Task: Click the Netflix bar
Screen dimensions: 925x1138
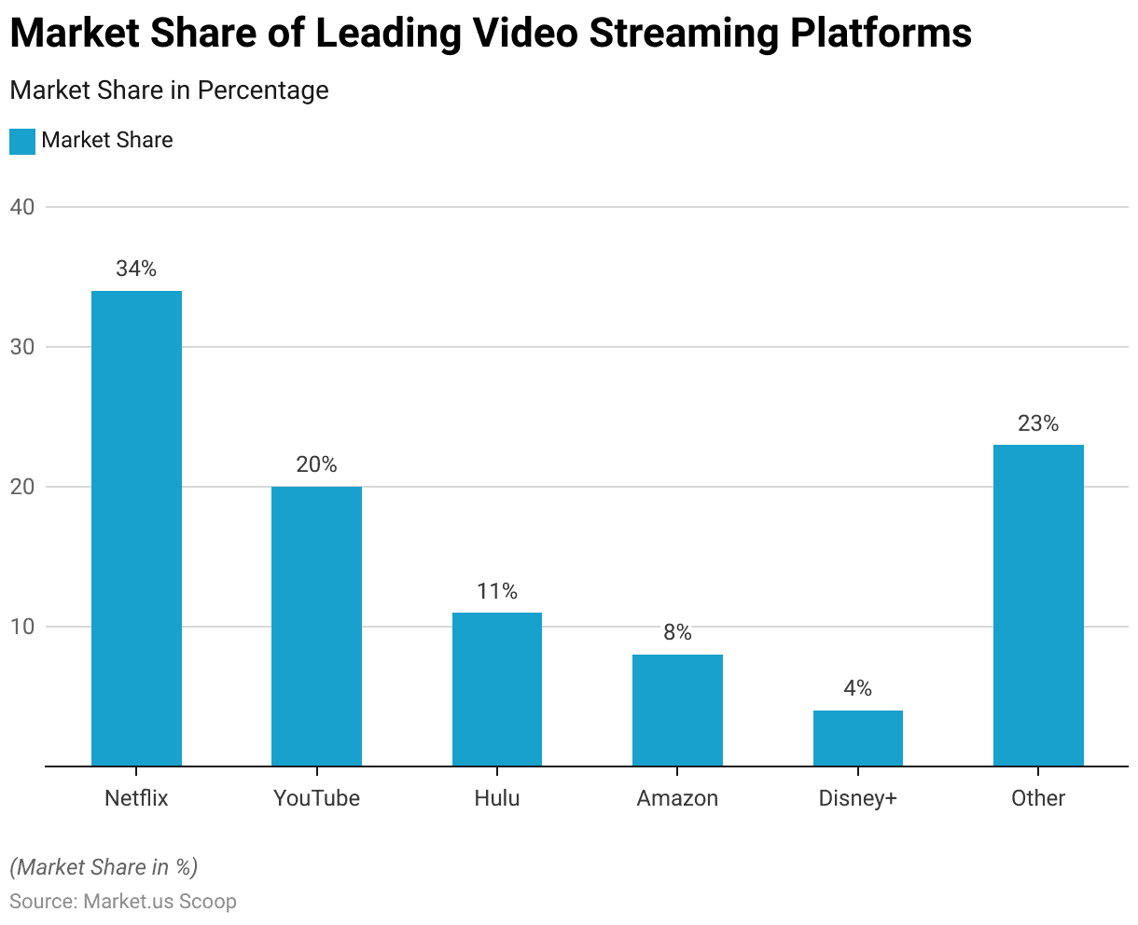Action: (x=136, y=528)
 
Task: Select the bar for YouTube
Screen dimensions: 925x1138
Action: (x=316, y=626)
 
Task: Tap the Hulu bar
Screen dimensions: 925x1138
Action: (x=497, y=689)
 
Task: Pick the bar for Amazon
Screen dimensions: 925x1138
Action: (x=677, y=710)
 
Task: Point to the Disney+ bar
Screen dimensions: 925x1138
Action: (x=858, y=738)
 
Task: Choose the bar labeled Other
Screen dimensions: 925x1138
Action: (x=1038, y=605)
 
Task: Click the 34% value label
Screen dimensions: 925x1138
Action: (x=136, y=269)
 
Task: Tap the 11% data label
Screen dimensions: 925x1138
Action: (x=497, y=591)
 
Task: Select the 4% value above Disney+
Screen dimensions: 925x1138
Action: (x=858, y=689)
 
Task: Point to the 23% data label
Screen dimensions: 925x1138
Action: (x=1038, y=424)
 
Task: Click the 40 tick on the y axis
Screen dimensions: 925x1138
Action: (x=22, y=207)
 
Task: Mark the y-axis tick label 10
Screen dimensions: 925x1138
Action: (x=22, y=627)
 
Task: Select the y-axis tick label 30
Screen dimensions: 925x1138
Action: (x=22, y=347)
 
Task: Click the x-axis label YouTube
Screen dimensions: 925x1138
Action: (x=316, y=798)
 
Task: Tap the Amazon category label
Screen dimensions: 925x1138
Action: (x=677, y=798)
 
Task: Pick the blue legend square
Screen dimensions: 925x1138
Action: (x=22, y=141)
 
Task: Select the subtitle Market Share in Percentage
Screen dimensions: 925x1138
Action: (x=169, y=90)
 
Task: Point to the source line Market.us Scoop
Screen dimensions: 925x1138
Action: (x=123, y=902)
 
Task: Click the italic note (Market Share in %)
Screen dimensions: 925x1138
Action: (x=104, y=867)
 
